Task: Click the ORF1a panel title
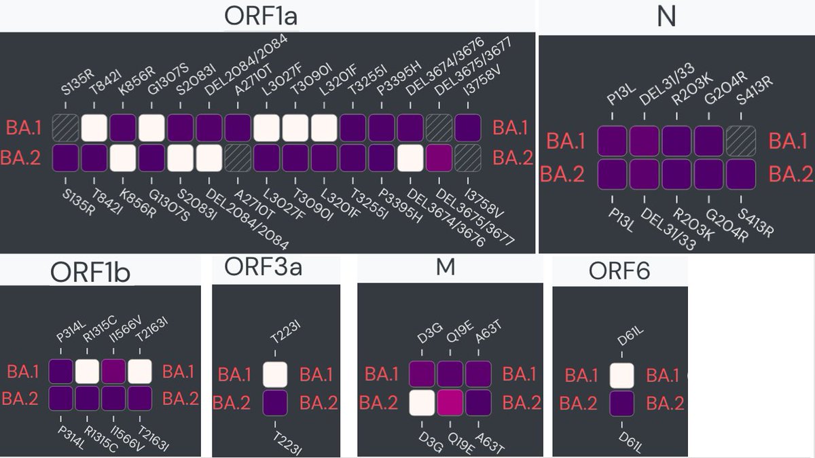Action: coord(261,16)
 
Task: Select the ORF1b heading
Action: coord(90,272)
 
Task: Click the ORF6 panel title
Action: coord(619,271)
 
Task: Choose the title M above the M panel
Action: coord(445,267)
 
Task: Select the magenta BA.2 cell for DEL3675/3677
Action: coord(439,158)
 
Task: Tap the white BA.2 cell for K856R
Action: coord(123,158)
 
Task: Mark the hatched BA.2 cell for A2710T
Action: coord(238,158)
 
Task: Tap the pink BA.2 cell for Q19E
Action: coord(450,402)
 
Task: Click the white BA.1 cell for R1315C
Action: coord(88,372)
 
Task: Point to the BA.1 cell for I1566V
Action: coord(114,372)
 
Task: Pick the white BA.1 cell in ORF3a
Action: coord(275,374)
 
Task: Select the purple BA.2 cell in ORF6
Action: coord(621,404)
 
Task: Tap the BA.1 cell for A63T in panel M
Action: coord(478,374)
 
